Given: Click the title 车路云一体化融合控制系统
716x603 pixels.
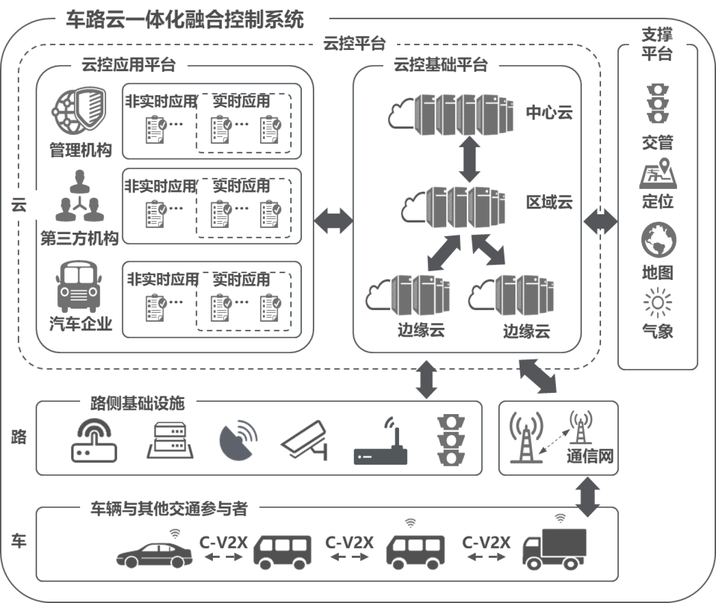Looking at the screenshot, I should click(x=185, y=20).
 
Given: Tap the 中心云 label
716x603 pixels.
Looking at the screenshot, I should click(x=549, y=113).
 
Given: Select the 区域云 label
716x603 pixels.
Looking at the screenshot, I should click(x=549, y=202).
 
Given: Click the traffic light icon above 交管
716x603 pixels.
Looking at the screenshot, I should click(x=658, y=104).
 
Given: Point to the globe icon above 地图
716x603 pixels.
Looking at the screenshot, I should click(x=659, y=240).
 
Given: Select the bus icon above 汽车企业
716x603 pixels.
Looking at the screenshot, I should click(x=79, y=287).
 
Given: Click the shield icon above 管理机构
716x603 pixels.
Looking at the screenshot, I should click(x=79, y=111).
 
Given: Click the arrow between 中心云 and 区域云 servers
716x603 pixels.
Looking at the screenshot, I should click(x=469, y=160).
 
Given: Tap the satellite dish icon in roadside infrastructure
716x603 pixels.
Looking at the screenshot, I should click(x=238, y=440).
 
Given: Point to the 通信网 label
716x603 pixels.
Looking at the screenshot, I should click(x=590, y=456).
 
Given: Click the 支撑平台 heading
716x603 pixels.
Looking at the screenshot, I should click(x=657, y=44).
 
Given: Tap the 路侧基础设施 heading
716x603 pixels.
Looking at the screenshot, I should click(x=138, y=403).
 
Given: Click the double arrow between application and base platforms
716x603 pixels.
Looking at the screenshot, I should click(x=333, y=220).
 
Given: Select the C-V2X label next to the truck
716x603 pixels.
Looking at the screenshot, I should click(x=486, y=542).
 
